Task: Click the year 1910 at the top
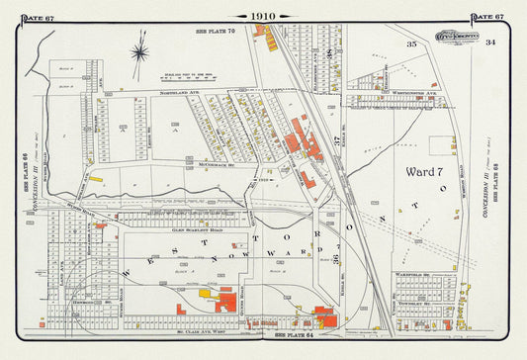(262, 16)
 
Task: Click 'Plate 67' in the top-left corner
(37, 17)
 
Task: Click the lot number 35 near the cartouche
(411, 45)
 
